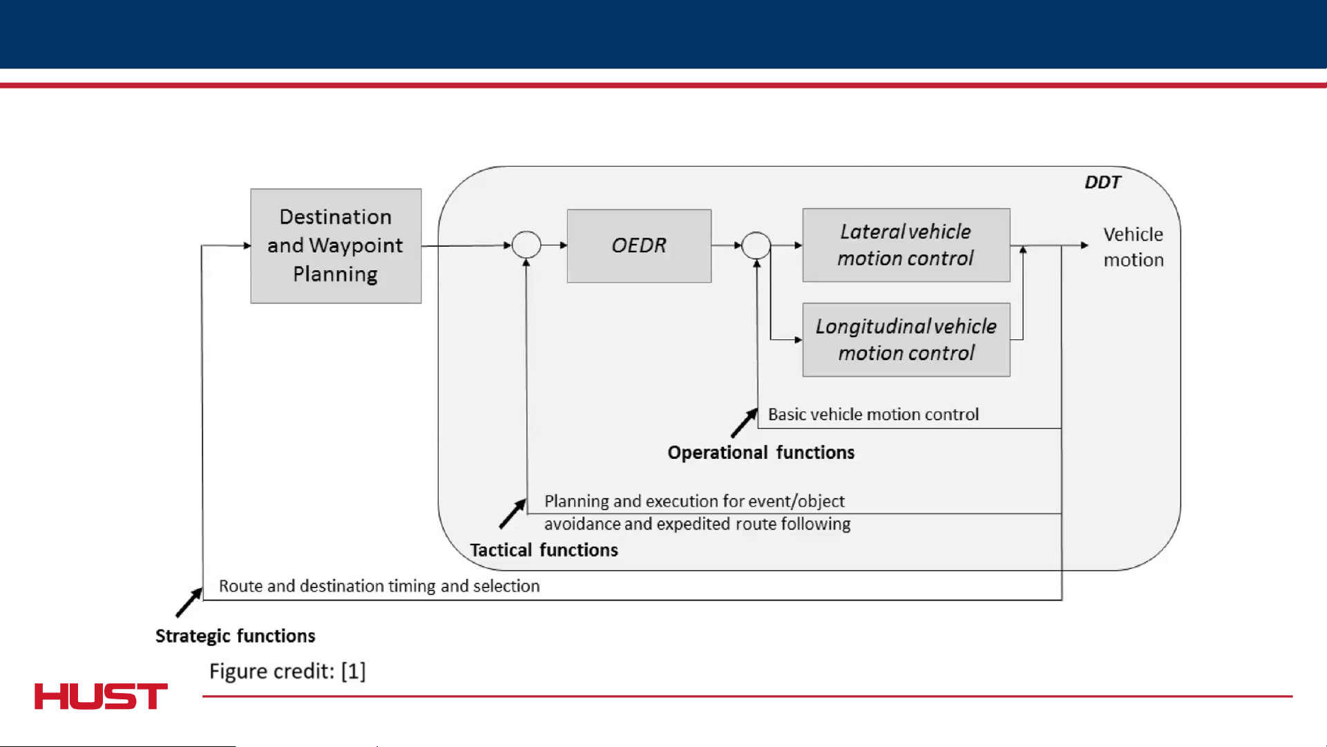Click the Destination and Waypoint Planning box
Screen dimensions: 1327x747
point(336,246)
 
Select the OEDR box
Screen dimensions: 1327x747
point(639,246)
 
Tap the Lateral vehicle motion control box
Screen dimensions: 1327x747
point(906,245)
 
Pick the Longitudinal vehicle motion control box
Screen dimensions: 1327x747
point(906,340)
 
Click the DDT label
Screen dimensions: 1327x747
point(1102,182)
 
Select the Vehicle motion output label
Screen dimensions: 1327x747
point(1134,247)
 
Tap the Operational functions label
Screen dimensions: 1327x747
point(761,453)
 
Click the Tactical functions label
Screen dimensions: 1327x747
point(544,550)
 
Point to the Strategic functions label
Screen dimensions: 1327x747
point(236,636)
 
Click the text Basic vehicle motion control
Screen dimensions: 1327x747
point(874,415)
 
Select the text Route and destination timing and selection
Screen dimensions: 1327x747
point(379,586)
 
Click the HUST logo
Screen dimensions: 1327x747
point(101,697)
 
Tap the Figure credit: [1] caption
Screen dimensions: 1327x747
point(287,671)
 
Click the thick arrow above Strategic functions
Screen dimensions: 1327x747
point(189,602)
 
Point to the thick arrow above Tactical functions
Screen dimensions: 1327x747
point(513,513)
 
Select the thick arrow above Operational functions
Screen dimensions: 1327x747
point(745,423)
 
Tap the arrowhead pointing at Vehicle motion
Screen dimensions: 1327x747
point(1085,245)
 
